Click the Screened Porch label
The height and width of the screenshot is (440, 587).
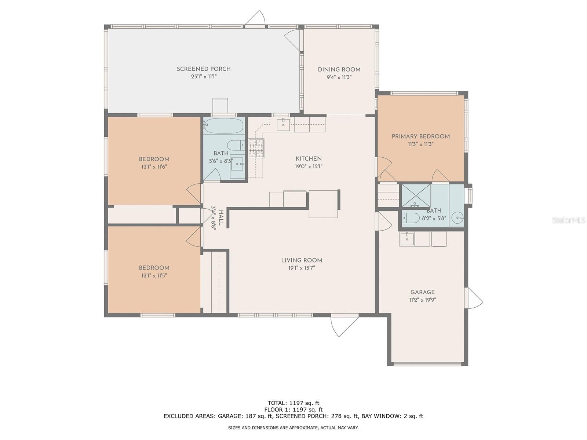204,69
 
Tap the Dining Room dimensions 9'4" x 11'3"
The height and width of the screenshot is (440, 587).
339,77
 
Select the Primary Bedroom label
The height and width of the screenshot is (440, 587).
420,136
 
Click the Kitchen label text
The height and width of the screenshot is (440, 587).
309,159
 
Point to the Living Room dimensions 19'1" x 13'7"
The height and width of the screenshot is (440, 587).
302,268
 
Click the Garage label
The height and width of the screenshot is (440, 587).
422,292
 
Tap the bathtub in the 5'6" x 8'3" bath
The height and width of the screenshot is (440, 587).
224,126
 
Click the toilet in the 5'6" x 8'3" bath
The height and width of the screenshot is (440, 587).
236,145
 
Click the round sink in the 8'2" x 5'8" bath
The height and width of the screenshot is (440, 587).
457,218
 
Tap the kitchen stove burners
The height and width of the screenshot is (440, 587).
256,148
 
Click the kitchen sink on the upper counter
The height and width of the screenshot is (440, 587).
283,124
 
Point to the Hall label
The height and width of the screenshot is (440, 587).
221,218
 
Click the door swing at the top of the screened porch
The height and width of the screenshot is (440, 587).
256,18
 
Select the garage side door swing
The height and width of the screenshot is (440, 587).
474,298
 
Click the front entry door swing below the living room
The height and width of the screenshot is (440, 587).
342,325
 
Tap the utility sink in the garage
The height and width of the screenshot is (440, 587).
407,239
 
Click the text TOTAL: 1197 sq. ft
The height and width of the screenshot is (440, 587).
293,403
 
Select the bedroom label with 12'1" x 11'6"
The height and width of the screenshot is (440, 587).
154,159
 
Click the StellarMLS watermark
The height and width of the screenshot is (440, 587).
568,220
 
